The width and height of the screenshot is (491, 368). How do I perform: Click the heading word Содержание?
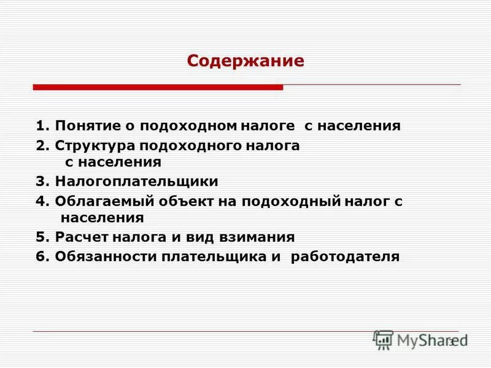[245, 61]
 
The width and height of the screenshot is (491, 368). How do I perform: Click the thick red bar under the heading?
[158, 88]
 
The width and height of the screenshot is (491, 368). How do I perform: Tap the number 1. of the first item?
[42, 126]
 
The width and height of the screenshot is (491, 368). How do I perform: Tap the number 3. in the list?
[42, 182]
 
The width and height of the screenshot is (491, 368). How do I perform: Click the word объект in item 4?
[180, 201]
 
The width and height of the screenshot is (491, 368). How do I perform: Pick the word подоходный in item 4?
[287, 201]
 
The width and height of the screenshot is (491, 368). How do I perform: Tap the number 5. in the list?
[42, 237]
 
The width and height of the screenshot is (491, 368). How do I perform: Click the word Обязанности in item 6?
[105, 256]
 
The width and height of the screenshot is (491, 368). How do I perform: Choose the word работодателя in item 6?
[344, 256]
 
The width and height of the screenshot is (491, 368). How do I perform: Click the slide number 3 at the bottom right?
[451, 342]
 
